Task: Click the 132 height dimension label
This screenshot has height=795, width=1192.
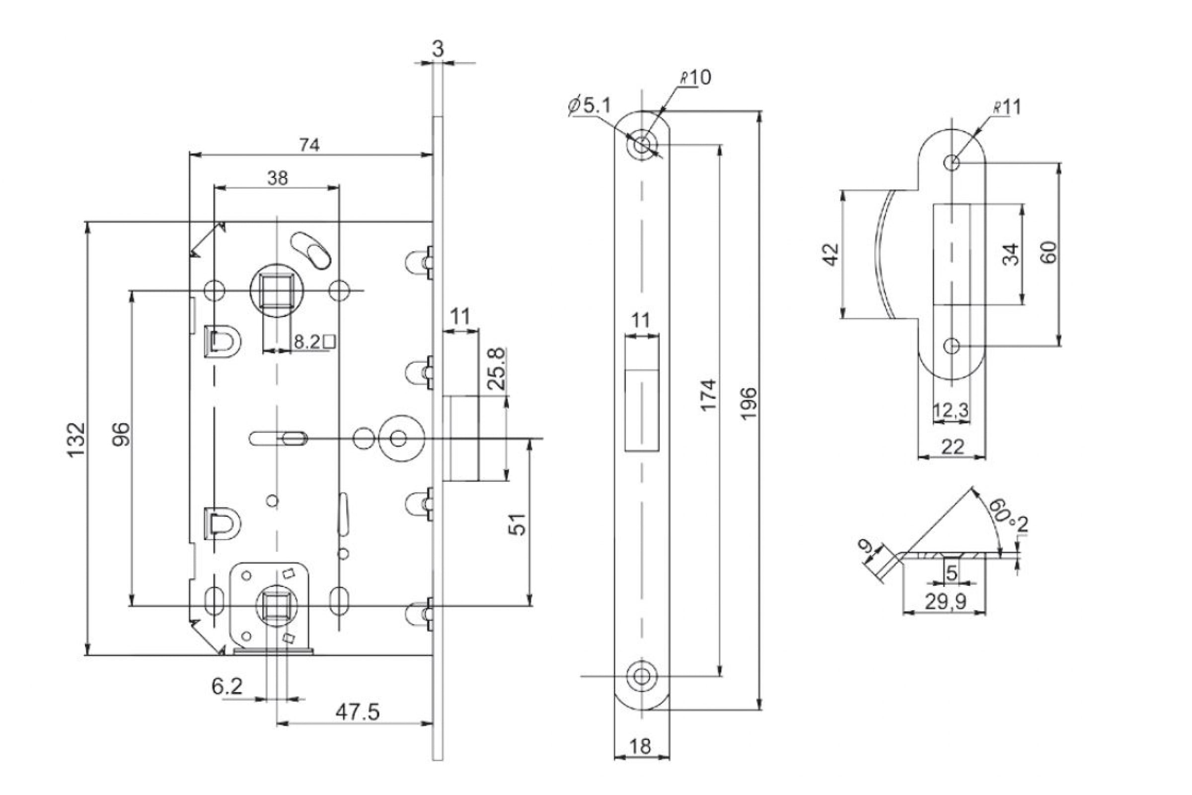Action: point(76,439)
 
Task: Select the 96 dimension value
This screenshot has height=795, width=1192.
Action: point(121,434)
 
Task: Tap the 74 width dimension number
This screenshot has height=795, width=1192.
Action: point(308,146)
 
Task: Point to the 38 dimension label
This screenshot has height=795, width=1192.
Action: point(277,178)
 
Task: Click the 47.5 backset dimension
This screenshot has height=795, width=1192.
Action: point(357,713)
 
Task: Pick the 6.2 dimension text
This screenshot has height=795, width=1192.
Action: point(227,687)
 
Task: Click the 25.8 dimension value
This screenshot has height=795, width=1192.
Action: point(496,368)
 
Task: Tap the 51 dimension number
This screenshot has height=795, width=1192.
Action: point(518,524)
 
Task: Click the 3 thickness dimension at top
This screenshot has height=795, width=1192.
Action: point(438,49)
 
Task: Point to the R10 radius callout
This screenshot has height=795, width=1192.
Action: point(695,78)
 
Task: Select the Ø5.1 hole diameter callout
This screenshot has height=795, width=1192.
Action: point(590,106)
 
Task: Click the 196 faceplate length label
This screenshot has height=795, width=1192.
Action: point(748,403)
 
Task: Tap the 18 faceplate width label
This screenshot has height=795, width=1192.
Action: point(640,746)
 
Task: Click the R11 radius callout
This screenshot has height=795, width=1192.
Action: point(1007,107)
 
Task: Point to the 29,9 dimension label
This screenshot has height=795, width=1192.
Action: point(946,602)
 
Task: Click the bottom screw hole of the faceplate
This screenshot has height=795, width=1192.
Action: point(641,676)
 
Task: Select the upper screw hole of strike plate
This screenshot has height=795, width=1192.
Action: point(952,163)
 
